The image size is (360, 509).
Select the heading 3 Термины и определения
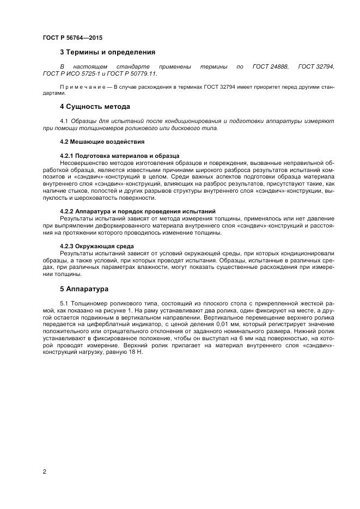[x=107, y=52]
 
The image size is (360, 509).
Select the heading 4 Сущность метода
[x=94, y=106]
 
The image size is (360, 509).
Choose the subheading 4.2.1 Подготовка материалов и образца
[x=119, y=156]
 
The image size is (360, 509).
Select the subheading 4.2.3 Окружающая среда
[x=96, y=246]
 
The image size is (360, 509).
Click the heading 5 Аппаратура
[x=84, y=289]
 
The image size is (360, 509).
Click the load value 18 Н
[x=135, y=352]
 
